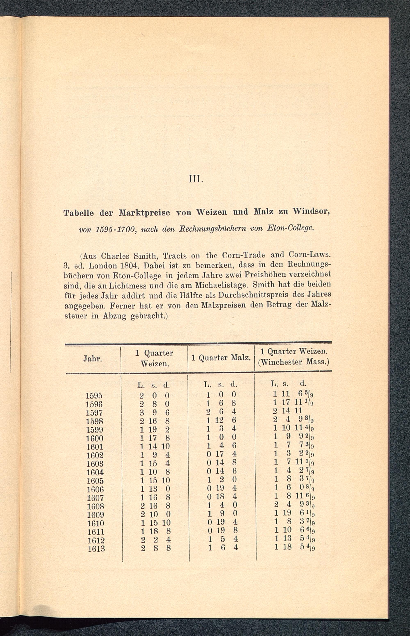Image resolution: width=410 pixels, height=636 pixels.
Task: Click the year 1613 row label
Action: (x=96, y=549)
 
